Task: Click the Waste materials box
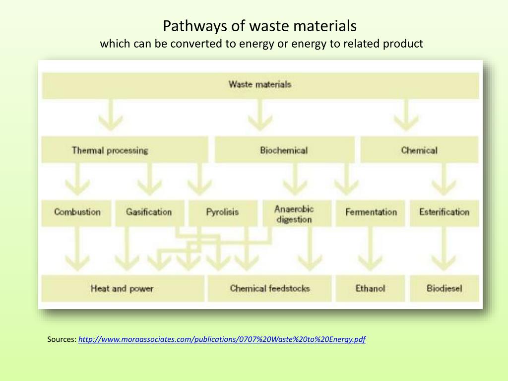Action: (x=260, y=85)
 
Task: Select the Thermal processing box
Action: (x=125, y=150)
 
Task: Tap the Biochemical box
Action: (x=284, y=150)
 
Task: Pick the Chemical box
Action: (x=419, y=150)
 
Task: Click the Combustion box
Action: (x=76, y=213)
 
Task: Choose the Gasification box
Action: (x=150, y=213)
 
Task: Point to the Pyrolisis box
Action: (x=223, y=213)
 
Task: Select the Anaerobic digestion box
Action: (x=297, y=213)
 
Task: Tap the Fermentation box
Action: (x=370, y=213)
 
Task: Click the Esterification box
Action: (x=444, y=213)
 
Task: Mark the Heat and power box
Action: (x=123, y=288)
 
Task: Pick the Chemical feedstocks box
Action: (x=269, y=288)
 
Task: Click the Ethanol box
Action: (x=370, y=288)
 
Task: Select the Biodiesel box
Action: (x=444, y=288)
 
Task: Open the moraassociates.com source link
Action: (x=222, y=339)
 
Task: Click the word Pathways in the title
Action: (x=195, y=26)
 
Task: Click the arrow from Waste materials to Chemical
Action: (x=406, y=115)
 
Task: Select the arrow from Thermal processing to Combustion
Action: (x=77, y=179)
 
